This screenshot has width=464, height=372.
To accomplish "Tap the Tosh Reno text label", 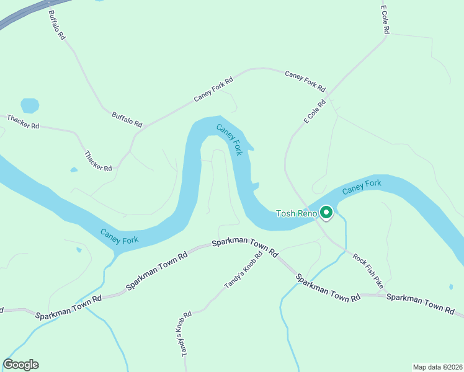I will point(297,214).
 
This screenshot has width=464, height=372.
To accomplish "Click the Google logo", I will point(20,365).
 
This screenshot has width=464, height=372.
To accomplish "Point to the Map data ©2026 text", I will point(437,366).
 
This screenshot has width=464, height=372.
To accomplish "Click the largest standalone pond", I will point(30,105).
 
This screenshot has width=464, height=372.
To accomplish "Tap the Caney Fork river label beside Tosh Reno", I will point(361,186).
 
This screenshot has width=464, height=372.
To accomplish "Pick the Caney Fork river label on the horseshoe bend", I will point(229,139).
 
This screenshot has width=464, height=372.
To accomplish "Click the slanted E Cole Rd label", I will point(315,112).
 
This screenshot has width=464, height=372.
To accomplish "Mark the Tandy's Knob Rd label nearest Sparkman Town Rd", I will point(243,270).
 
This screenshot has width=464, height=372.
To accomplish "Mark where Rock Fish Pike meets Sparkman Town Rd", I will point(385,294).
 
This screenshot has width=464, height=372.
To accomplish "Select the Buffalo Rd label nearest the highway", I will point(56,25).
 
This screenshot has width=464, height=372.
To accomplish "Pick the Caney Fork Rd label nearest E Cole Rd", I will point(305,79).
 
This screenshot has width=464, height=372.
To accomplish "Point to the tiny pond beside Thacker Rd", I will point(74,169).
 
